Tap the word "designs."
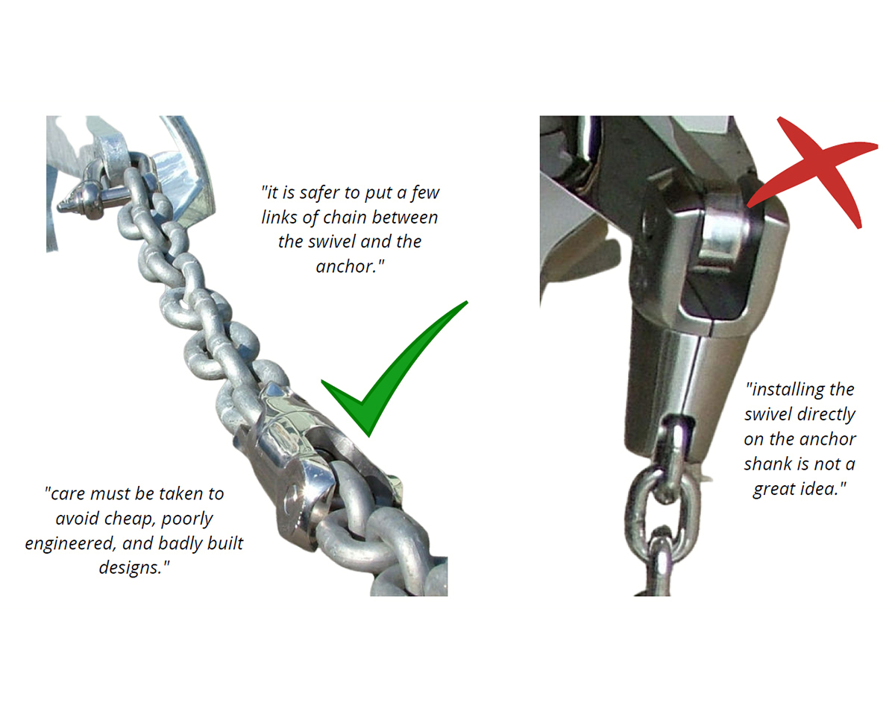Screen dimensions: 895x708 pos(134,567)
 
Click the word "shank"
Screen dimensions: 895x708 pos(768,464)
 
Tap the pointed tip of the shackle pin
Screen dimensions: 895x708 pos(59,206)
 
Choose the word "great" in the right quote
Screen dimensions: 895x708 pos(773,490)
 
